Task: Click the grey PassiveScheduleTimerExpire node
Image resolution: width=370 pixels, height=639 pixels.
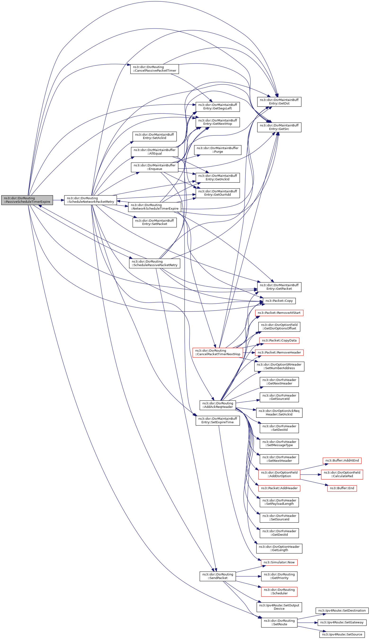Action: [27, 200]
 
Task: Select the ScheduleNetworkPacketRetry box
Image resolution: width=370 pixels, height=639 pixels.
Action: [90, 200]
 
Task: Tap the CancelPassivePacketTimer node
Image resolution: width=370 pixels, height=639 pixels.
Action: [154, 69]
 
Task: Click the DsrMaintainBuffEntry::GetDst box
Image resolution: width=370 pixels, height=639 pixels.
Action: [279, 102]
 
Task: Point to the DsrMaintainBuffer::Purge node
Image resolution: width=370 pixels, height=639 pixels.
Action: [217, 150]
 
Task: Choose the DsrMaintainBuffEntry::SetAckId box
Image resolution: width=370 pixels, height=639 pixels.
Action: [154, 136]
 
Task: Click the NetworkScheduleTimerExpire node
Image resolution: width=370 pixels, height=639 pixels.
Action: [154, 207]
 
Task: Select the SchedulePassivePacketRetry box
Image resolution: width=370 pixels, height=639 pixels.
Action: [154, 263]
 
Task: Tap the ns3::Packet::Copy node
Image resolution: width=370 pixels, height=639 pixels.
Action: [279, 301]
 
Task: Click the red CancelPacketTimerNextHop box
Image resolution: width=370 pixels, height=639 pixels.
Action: [218, 352]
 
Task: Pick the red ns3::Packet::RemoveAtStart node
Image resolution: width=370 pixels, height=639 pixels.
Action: [279, 313]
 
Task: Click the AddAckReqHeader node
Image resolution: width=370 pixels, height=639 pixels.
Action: [217, 405]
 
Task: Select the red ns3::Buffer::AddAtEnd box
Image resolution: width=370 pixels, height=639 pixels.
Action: [342, 461]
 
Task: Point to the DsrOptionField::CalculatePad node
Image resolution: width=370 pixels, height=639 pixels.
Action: [342, 475]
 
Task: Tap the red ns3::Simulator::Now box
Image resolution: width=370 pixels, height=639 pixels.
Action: [279, 562]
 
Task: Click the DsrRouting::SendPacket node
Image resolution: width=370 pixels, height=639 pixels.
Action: [218, 576]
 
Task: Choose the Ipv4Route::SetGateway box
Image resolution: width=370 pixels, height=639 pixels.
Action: [342, 622]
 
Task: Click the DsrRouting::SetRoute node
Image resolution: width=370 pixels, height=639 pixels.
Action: [279, 622]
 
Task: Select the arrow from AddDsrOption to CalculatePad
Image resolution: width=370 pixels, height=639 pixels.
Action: [310, 475]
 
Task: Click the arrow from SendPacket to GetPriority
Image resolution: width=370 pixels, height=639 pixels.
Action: [248, 576]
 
